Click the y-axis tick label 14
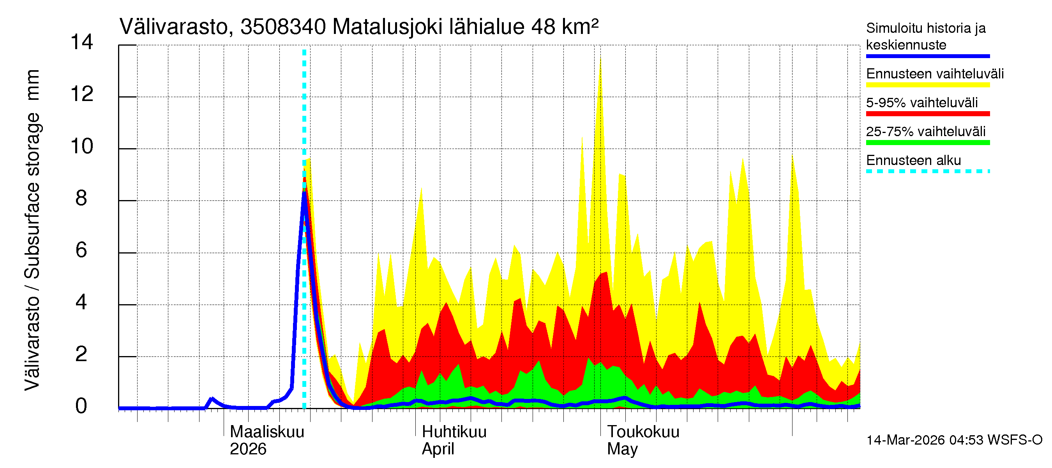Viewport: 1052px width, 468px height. [82, 42]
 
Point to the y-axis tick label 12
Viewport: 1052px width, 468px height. [82, 94]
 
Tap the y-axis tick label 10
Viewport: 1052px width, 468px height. [82, 146]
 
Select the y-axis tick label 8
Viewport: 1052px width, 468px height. [81, 198]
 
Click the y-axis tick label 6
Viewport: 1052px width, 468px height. [81, 250]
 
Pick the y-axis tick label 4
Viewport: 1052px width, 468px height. [81, 303]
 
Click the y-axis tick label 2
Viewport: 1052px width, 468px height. [81, 355]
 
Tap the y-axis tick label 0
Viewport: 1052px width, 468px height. [81, 406]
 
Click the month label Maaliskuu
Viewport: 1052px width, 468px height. [267, 432]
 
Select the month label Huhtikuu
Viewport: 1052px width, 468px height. [454, 432]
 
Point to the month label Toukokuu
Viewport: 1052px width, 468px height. [643, 432]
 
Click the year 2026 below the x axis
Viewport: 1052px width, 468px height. [248, 449]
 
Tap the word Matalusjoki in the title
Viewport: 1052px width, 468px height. [388, 27]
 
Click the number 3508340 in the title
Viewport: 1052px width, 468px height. [283, 27]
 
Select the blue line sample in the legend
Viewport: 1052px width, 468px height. [927, 56]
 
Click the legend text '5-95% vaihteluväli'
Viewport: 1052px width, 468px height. [922, 103]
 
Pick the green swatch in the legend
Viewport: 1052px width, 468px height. [927, 143]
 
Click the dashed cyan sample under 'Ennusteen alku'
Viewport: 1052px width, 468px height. [927, 171]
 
